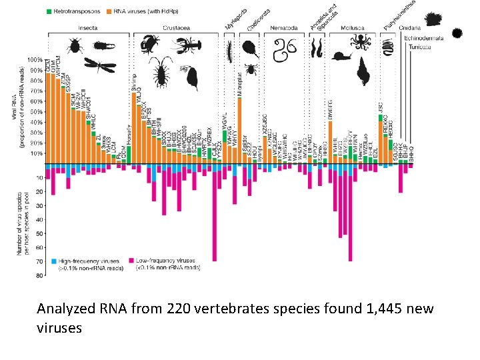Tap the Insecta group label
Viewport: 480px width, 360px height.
(89, 29)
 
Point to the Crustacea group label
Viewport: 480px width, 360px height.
(175, 29)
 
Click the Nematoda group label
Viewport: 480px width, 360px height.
(284, 29)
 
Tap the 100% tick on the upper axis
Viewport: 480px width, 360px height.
(35, 60)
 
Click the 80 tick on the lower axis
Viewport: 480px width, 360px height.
(40, 275)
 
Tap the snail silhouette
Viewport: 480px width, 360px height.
(341, 57)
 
